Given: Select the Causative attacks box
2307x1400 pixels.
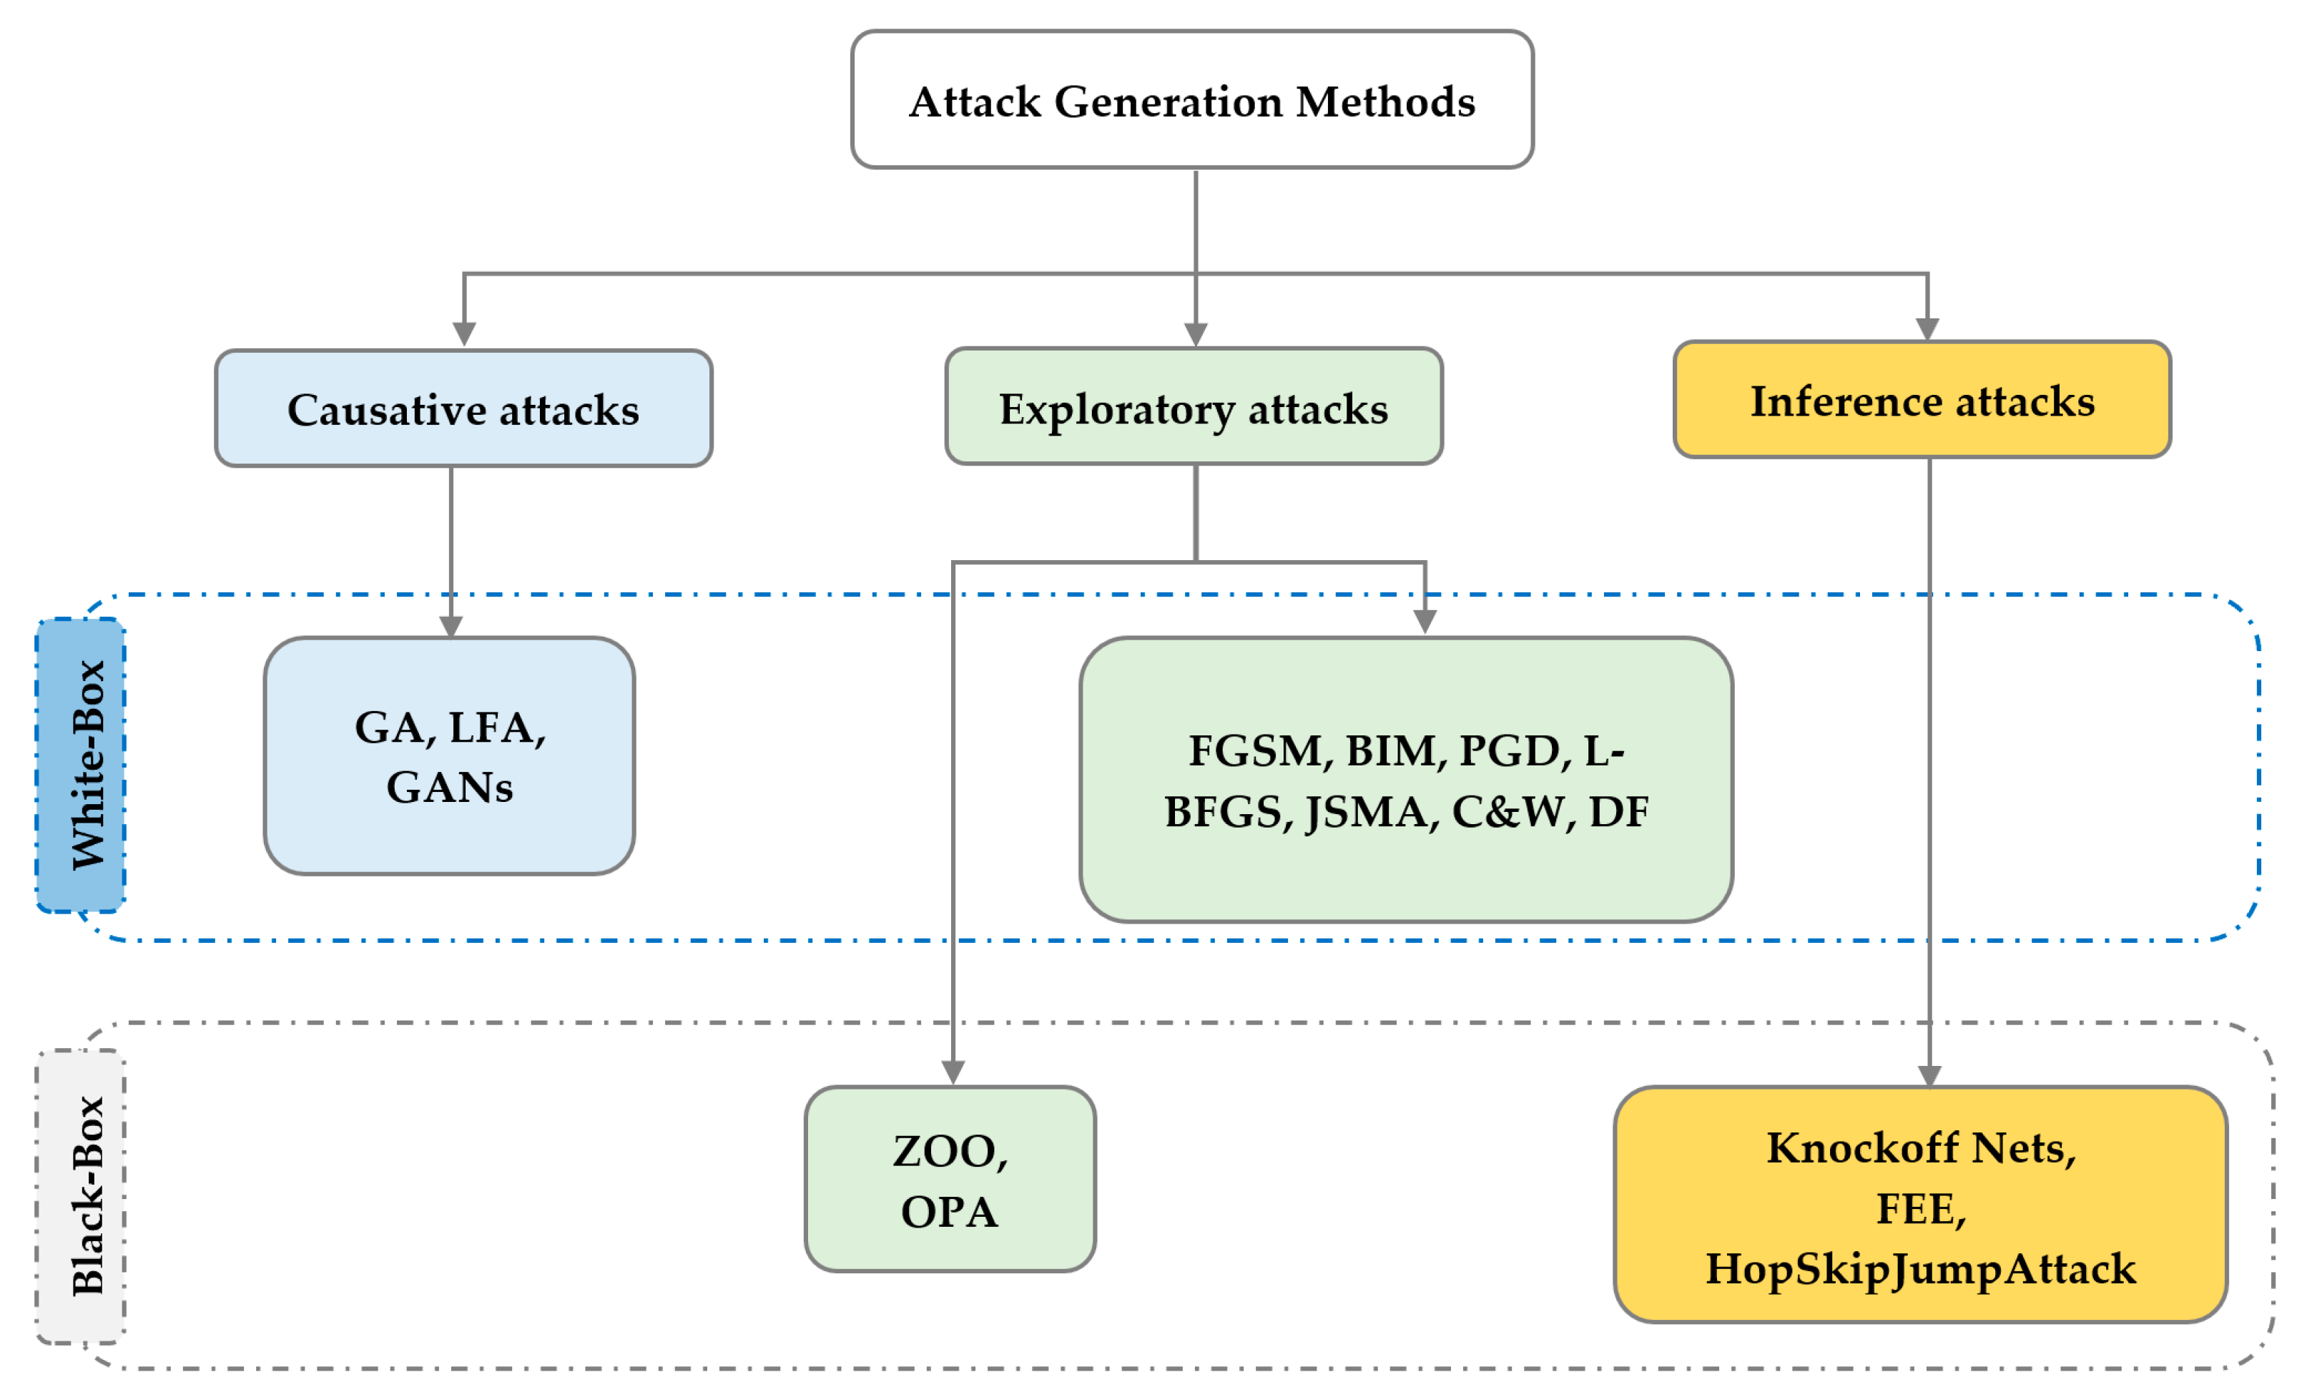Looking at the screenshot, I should [463, 409].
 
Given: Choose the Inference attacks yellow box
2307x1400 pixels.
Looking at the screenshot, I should [1922, 401].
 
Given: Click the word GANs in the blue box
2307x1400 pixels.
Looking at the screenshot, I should [449, 787].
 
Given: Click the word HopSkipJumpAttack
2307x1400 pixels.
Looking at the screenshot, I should [1922, 1269].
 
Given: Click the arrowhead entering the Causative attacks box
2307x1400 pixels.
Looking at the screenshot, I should [464, 334].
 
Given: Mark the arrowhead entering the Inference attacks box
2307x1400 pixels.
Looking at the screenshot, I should [1927, 328].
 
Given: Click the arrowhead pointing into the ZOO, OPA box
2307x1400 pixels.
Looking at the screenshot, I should [953, 1072].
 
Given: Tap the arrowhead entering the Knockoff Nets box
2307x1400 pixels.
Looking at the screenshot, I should [1929, 1076].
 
